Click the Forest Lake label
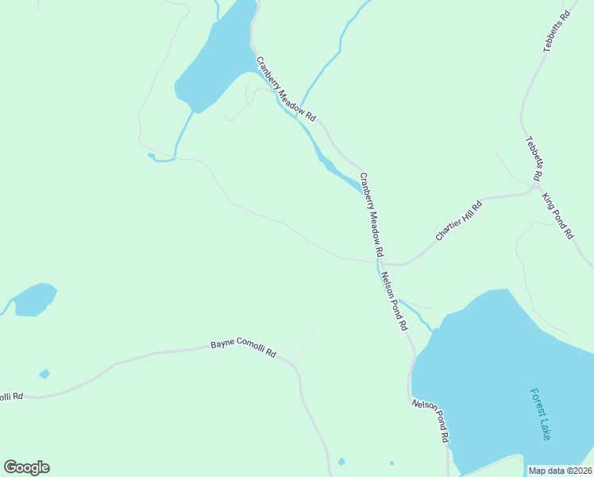[540, 414]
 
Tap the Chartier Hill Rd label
[459, 222]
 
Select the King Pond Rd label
[557, 215]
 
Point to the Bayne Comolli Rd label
[243, 347]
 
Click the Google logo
[26, 467]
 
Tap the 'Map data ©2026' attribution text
[560, 471]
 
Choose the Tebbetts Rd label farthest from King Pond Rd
[557, 32]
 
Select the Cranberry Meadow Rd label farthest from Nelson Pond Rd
[285, 88]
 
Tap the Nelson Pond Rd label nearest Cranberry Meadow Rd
[394, 301]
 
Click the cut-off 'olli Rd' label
[11, 396]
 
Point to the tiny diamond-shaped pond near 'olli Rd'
[44, 374]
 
